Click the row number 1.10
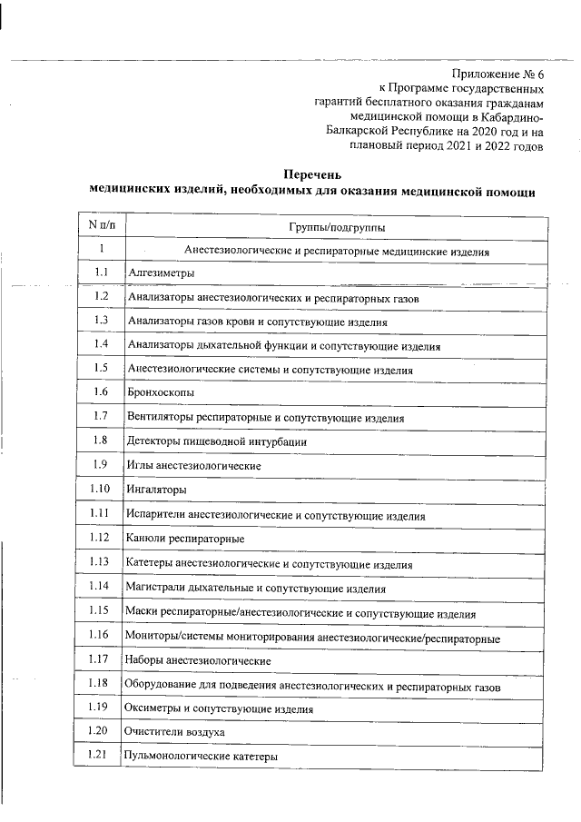pos(101,490)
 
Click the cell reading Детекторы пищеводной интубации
pos(216,442)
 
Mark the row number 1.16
pos(100,635)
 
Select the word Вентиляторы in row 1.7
pos(160,418)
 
